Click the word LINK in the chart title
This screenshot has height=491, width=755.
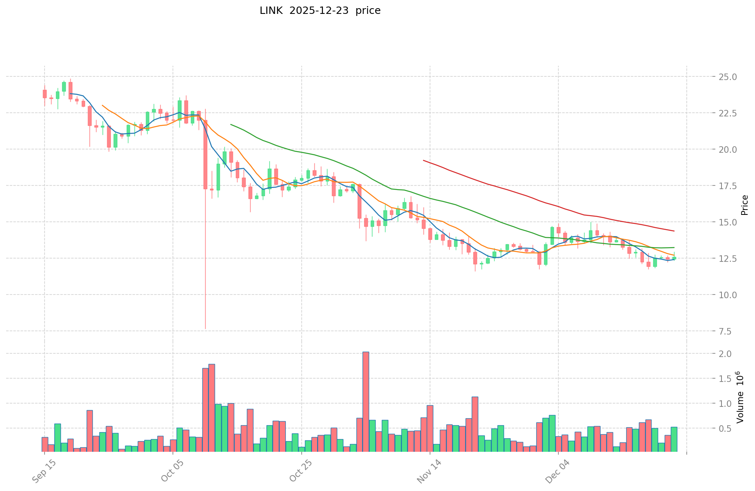[271, 11]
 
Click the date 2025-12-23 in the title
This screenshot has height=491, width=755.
[319, 11]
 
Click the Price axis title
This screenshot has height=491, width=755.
[744, 205]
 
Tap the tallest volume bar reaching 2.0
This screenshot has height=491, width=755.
[366, 402]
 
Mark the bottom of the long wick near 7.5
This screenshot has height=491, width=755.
[205, 328]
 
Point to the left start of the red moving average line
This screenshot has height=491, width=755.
[423, 161]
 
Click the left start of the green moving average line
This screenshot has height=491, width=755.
[231, 124]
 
